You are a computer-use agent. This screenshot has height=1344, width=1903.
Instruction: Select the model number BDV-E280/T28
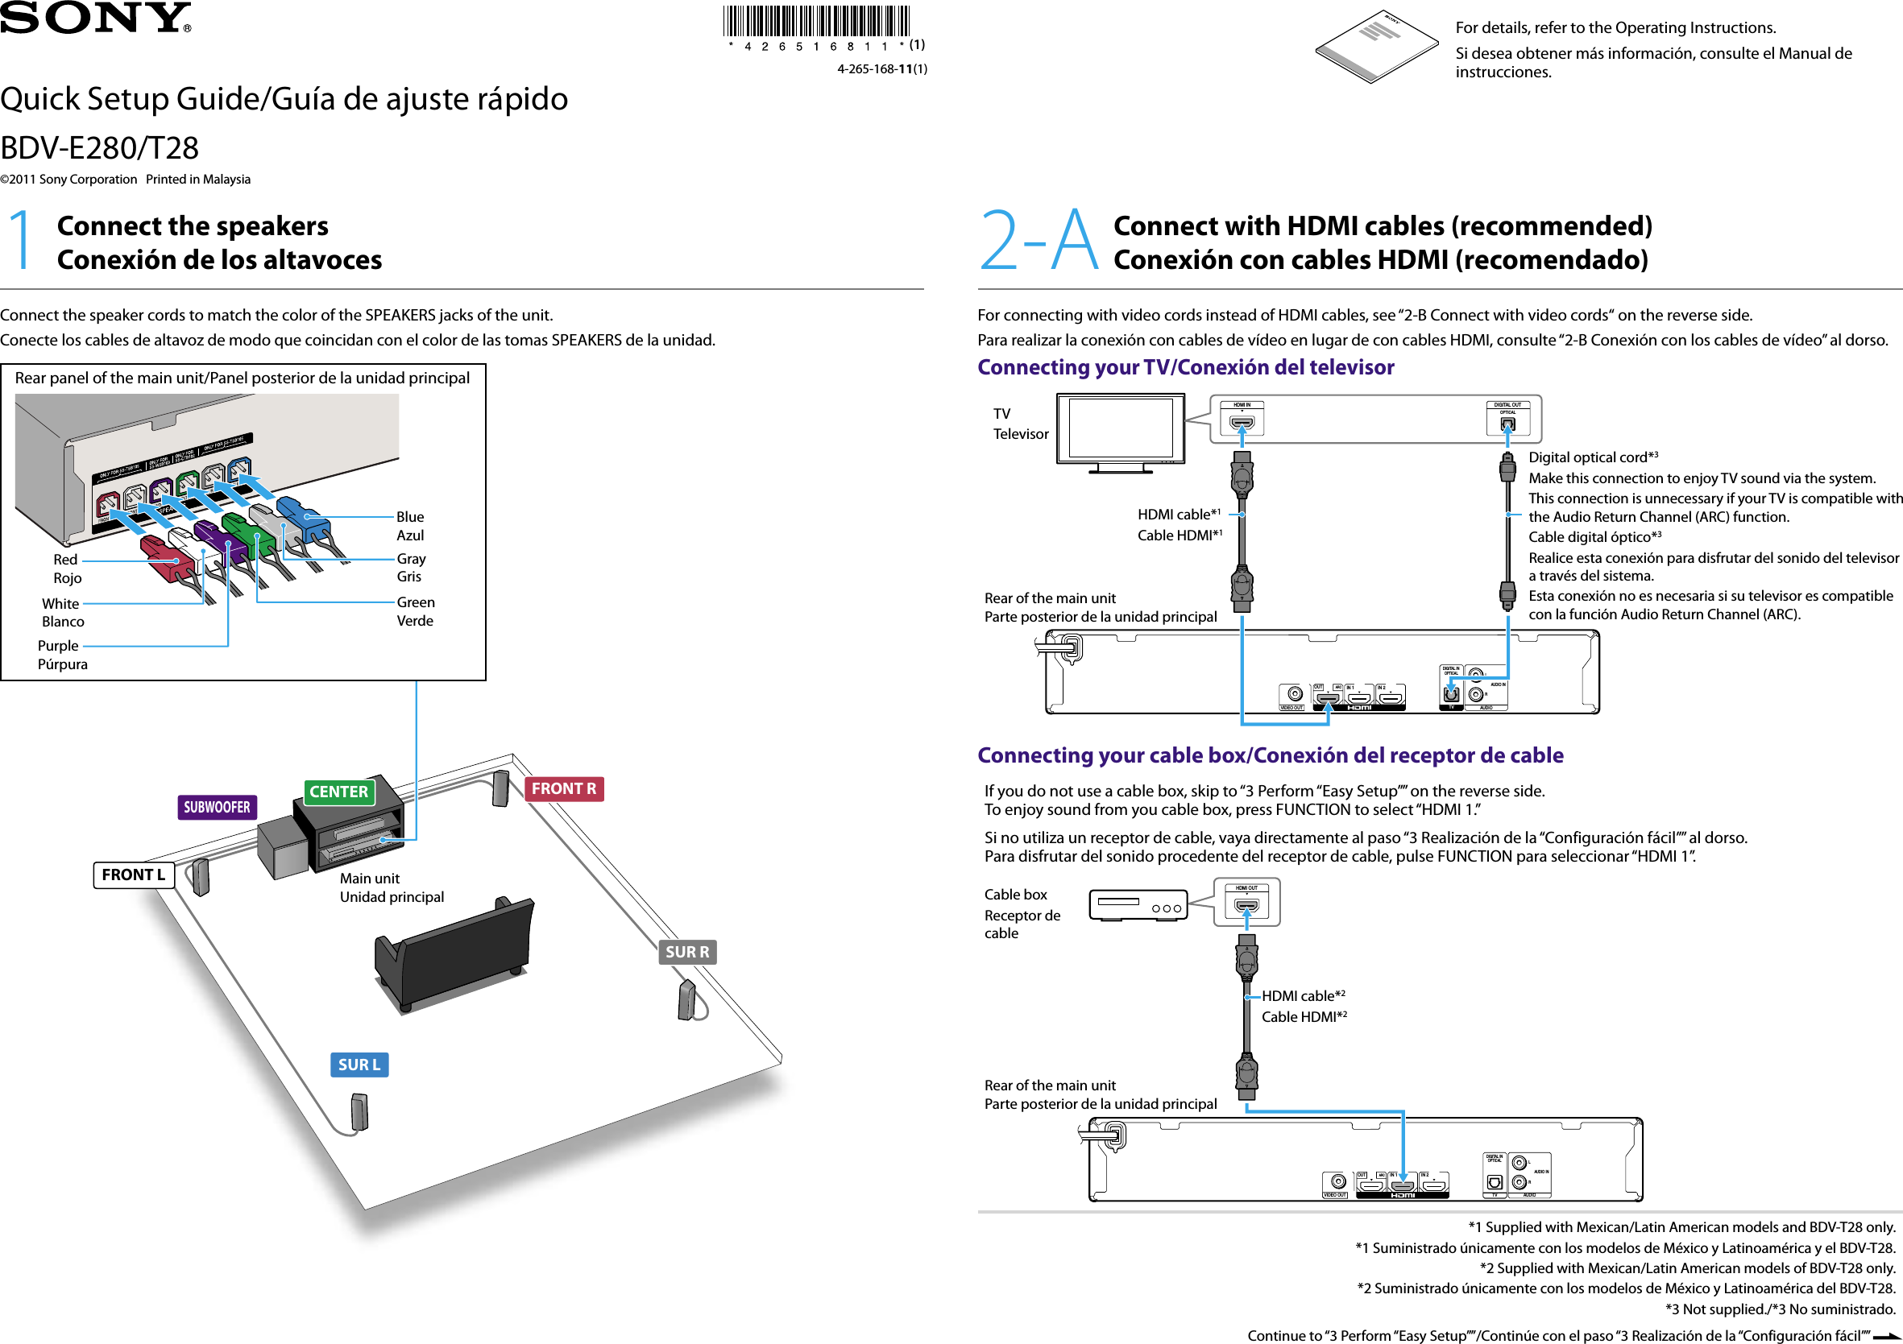(x=99, y=148)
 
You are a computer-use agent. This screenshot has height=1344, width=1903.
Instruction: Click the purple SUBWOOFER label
(x=217, y=807)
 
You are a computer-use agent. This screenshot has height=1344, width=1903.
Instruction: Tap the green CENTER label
(x=338, y=792)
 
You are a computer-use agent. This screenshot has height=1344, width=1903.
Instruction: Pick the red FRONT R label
(x=564, y=789)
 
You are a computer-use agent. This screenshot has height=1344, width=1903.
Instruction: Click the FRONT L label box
(x=134, y=875)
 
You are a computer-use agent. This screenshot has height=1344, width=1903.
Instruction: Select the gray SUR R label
(x=687, y=951)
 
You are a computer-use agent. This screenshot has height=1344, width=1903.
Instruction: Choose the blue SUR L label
(x=359, y=1065)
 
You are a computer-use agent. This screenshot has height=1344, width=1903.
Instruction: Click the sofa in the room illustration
(x=454, y=953)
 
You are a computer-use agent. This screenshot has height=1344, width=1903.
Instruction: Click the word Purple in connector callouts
(x=58, y=646)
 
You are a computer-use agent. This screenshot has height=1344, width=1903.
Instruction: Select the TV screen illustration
(x=1120, y=428)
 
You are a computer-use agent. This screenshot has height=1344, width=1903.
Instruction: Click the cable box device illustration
(x=1138, y=906)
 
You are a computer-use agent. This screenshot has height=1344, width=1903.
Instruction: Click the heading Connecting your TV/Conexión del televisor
(x=1185, y=367)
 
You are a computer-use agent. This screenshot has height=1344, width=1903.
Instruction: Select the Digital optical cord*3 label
(x=1592, y=457)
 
